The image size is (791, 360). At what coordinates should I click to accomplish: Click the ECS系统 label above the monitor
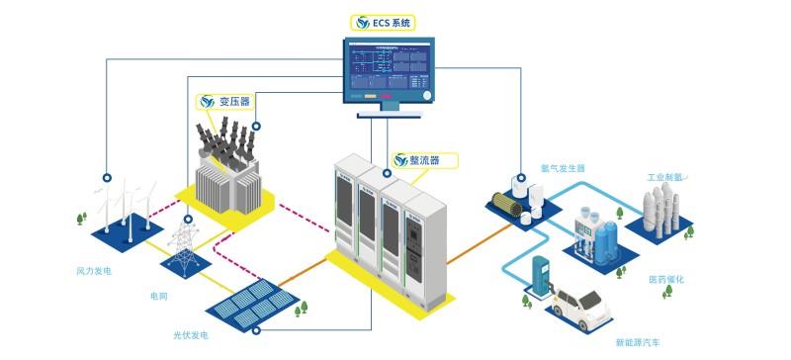[387, 21]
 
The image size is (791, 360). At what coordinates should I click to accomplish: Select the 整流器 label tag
[409, 160]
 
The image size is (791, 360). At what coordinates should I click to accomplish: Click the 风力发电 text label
[95, 270]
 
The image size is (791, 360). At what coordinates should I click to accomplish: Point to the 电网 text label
[158, 296]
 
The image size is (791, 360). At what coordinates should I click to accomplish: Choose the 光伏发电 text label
[191, 337]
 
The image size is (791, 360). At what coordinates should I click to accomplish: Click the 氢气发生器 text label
[563, 168]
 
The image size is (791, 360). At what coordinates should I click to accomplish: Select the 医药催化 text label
[665, 280]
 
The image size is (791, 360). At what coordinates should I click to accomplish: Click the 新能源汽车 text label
[638, 343]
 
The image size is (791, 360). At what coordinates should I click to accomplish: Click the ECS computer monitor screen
[388, 69]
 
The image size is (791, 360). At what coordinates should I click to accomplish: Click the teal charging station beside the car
[541, 277]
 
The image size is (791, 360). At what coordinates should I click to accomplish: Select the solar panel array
[247, 303]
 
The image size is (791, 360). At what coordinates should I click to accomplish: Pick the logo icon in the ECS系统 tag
[363, 21]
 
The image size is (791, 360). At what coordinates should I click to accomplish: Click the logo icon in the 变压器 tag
[207, 101]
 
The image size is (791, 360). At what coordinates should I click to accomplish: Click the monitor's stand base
[388, 113]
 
